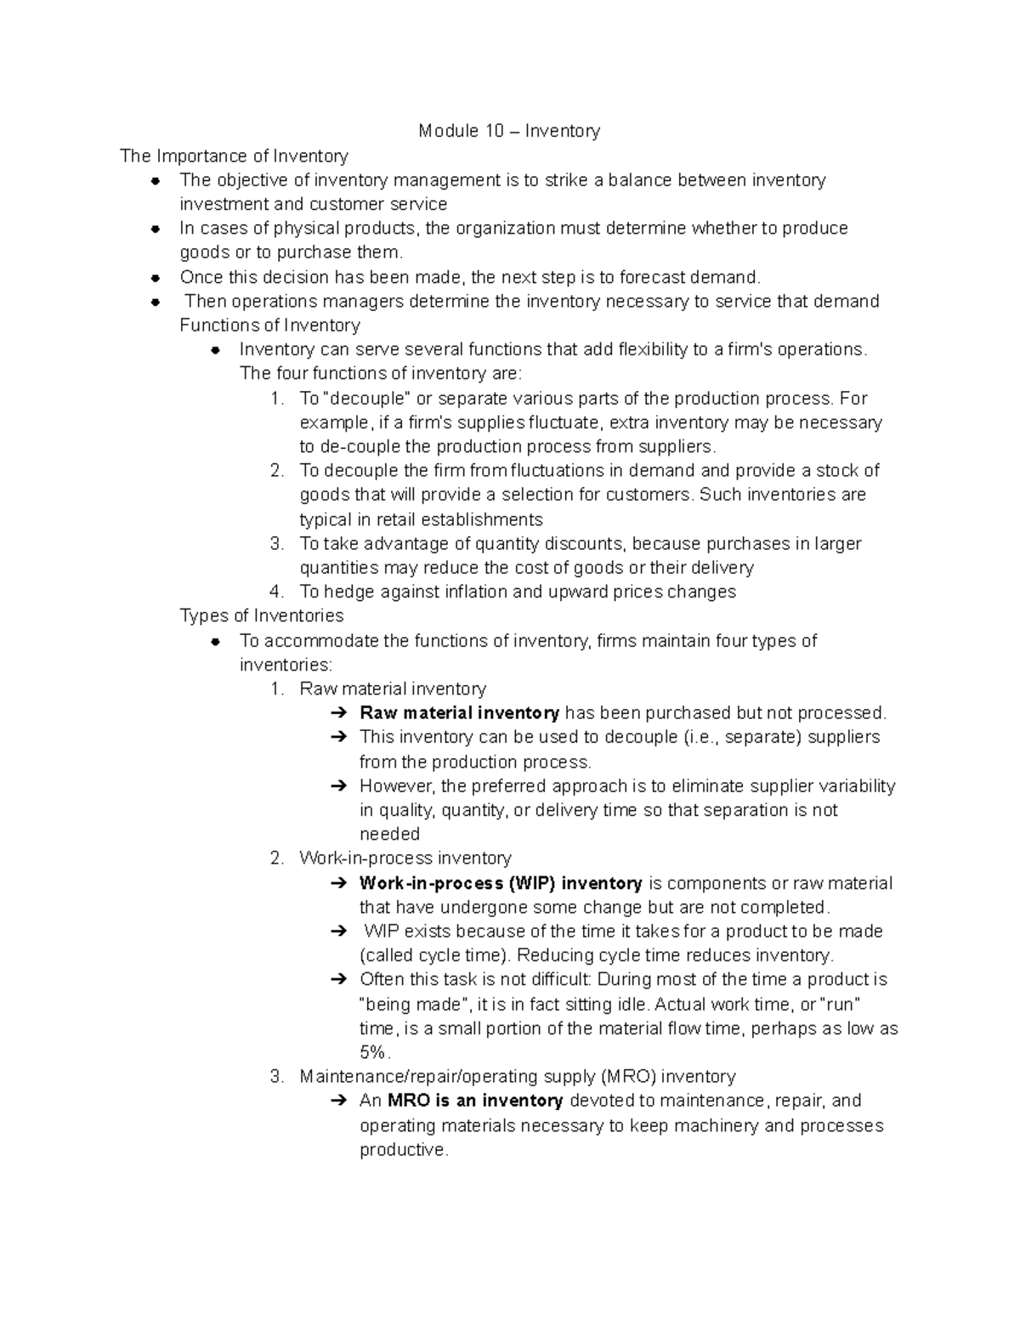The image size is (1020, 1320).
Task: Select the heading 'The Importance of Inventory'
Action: point(234,156)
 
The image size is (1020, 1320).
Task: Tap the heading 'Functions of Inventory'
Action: point(269,326)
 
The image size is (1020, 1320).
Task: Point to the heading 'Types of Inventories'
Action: point(262,615)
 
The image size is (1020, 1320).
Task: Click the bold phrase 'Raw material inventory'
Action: point(459,713)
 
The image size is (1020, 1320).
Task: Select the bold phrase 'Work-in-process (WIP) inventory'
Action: point(501,883)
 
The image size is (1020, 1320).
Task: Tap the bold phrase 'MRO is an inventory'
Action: point(475,1101)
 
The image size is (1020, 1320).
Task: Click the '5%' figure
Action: point(373,1052)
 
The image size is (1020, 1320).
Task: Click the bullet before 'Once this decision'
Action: point(155,277)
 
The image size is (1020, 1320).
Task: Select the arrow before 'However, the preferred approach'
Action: point(338,786)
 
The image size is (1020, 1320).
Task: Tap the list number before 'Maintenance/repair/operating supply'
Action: point(276,1077)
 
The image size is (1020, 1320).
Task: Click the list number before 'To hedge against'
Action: point(276,592)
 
